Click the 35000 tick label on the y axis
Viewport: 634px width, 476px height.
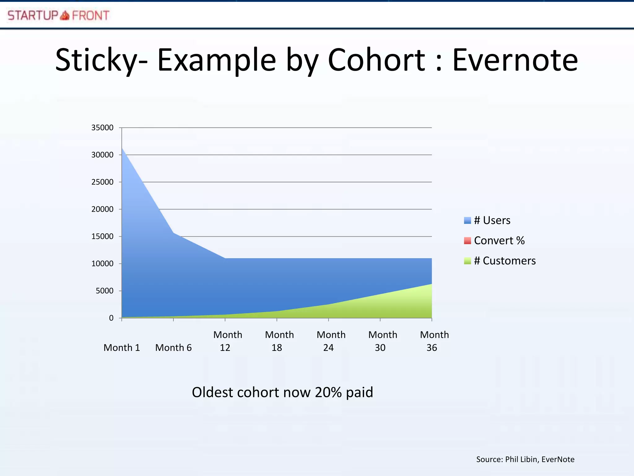(102, 128)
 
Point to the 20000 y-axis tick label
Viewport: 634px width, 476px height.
(102, 209)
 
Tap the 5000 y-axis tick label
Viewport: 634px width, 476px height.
(104, 291)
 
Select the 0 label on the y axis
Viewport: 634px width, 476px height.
(111, 318)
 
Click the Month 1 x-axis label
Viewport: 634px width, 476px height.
(122, 348)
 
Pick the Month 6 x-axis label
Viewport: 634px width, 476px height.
(173, 348)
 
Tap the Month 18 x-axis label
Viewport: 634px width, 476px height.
(279, 341)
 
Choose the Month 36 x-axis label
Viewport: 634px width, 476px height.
(434, 341)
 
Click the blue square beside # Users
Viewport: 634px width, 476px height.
(467, 220)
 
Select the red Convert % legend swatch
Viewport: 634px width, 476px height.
(467, 240)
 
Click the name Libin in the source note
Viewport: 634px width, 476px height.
(529, 459)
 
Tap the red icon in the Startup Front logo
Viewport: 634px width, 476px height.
(65, 15)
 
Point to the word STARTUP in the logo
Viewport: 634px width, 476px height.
(33, 15)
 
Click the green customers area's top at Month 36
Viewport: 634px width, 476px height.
(432, 284)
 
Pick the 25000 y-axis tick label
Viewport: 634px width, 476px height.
(102, 182)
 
